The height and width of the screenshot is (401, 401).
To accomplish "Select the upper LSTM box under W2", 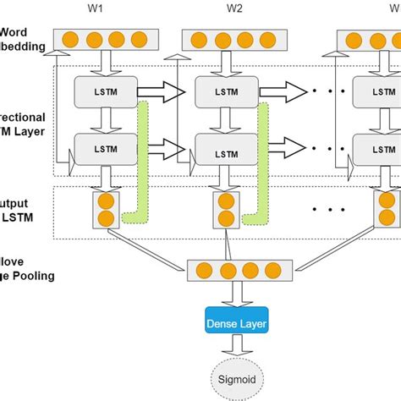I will [224, 91].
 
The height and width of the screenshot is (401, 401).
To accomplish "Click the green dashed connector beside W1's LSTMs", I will [143, 169].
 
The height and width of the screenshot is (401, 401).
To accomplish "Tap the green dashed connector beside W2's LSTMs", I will [264, 169].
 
